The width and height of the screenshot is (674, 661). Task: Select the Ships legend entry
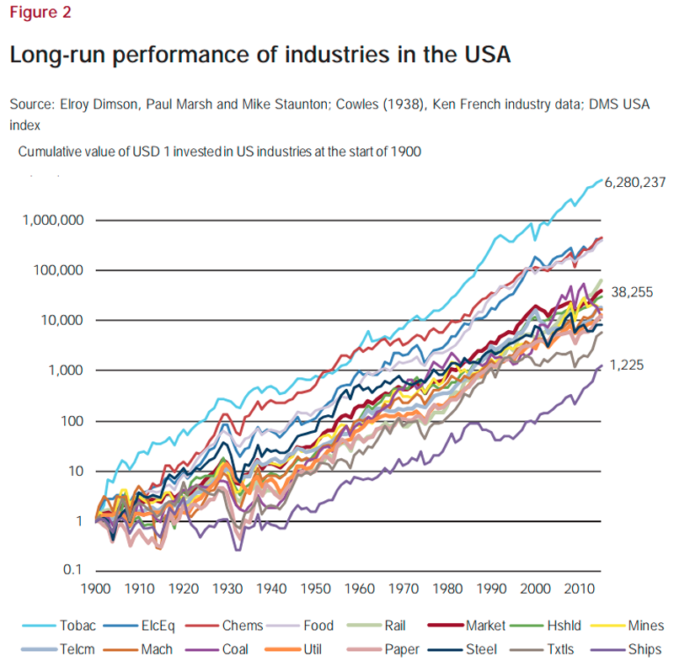coord(645,649)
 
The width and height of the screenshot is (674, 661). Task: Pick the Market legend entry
coord(489,626)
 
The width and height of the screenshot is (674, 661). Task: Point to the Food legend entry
coord(318,626)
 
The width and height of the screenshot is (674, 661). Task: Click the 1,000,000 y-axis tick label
coord(51,221)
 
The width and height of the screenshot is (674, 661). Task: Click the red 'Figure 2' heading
coord(40,13)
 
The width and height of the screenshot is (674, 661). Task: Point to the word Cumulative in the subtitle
coord(50,152)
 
